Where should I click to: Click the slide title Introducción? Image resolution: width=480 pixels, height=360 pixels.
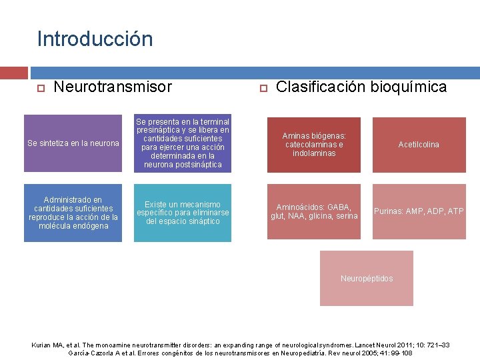point(95,38)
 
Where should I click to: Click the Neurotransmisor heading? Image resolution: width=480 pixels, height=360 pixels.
point(112,87)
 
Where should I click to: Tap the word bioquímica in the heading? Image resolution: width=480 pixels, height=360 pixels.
point(411,87)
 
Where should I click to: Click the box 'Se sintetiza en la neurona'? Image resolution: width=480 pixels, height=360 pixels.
point(73,143)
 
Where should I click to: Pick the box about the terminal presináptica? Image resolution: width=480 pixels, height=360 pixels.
point(183,143)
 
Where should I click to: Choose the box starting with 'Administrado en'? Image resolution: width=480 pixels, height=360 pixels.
point(73,213)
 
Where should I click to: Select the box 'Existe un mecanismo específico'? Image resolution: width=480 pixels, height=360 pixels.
point(183,213)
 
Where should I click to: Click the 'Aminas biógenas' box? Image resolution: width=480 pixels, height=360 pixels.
point(313,144)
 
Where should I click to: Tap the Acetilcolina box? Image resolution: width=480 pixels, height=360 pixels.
point(419,145)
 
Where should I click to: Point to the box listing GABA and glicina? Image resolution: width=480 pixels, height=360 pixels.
point(313,211)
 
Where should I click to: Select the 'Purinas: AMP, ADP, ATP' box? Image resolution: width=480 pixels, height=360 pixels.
point(419,211)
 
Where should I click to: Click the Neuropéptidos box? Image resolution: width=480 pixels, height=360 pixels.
point(367,278)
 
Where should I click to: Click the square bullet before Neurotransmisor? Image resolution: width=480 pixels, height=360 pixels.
point(40,88)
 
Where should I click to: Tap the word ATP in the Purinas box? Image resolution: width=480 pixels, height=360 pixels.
point(456,211)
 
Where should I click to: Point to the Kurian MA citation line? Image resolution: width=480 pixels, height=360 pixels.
point(241,345)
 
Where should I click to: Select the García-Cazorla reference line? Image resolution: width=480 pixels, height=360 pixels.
point(241,352)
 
